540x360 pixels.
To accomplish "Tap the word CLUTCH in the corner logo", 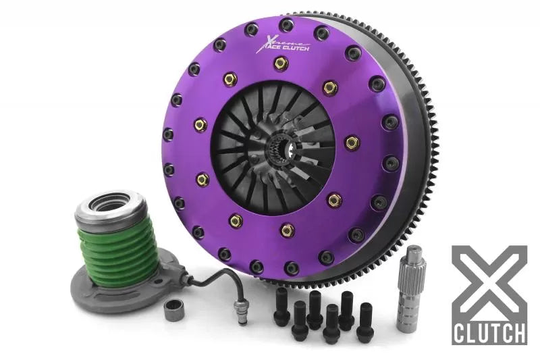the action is (489, 333).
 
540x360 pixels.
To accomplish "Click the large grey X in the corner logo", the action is (489, 282).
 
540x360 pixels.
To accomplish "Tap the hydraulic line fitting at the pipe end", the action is (241, 311).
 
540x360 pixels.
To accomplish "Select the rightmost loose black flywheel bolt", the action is (364, 320).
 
